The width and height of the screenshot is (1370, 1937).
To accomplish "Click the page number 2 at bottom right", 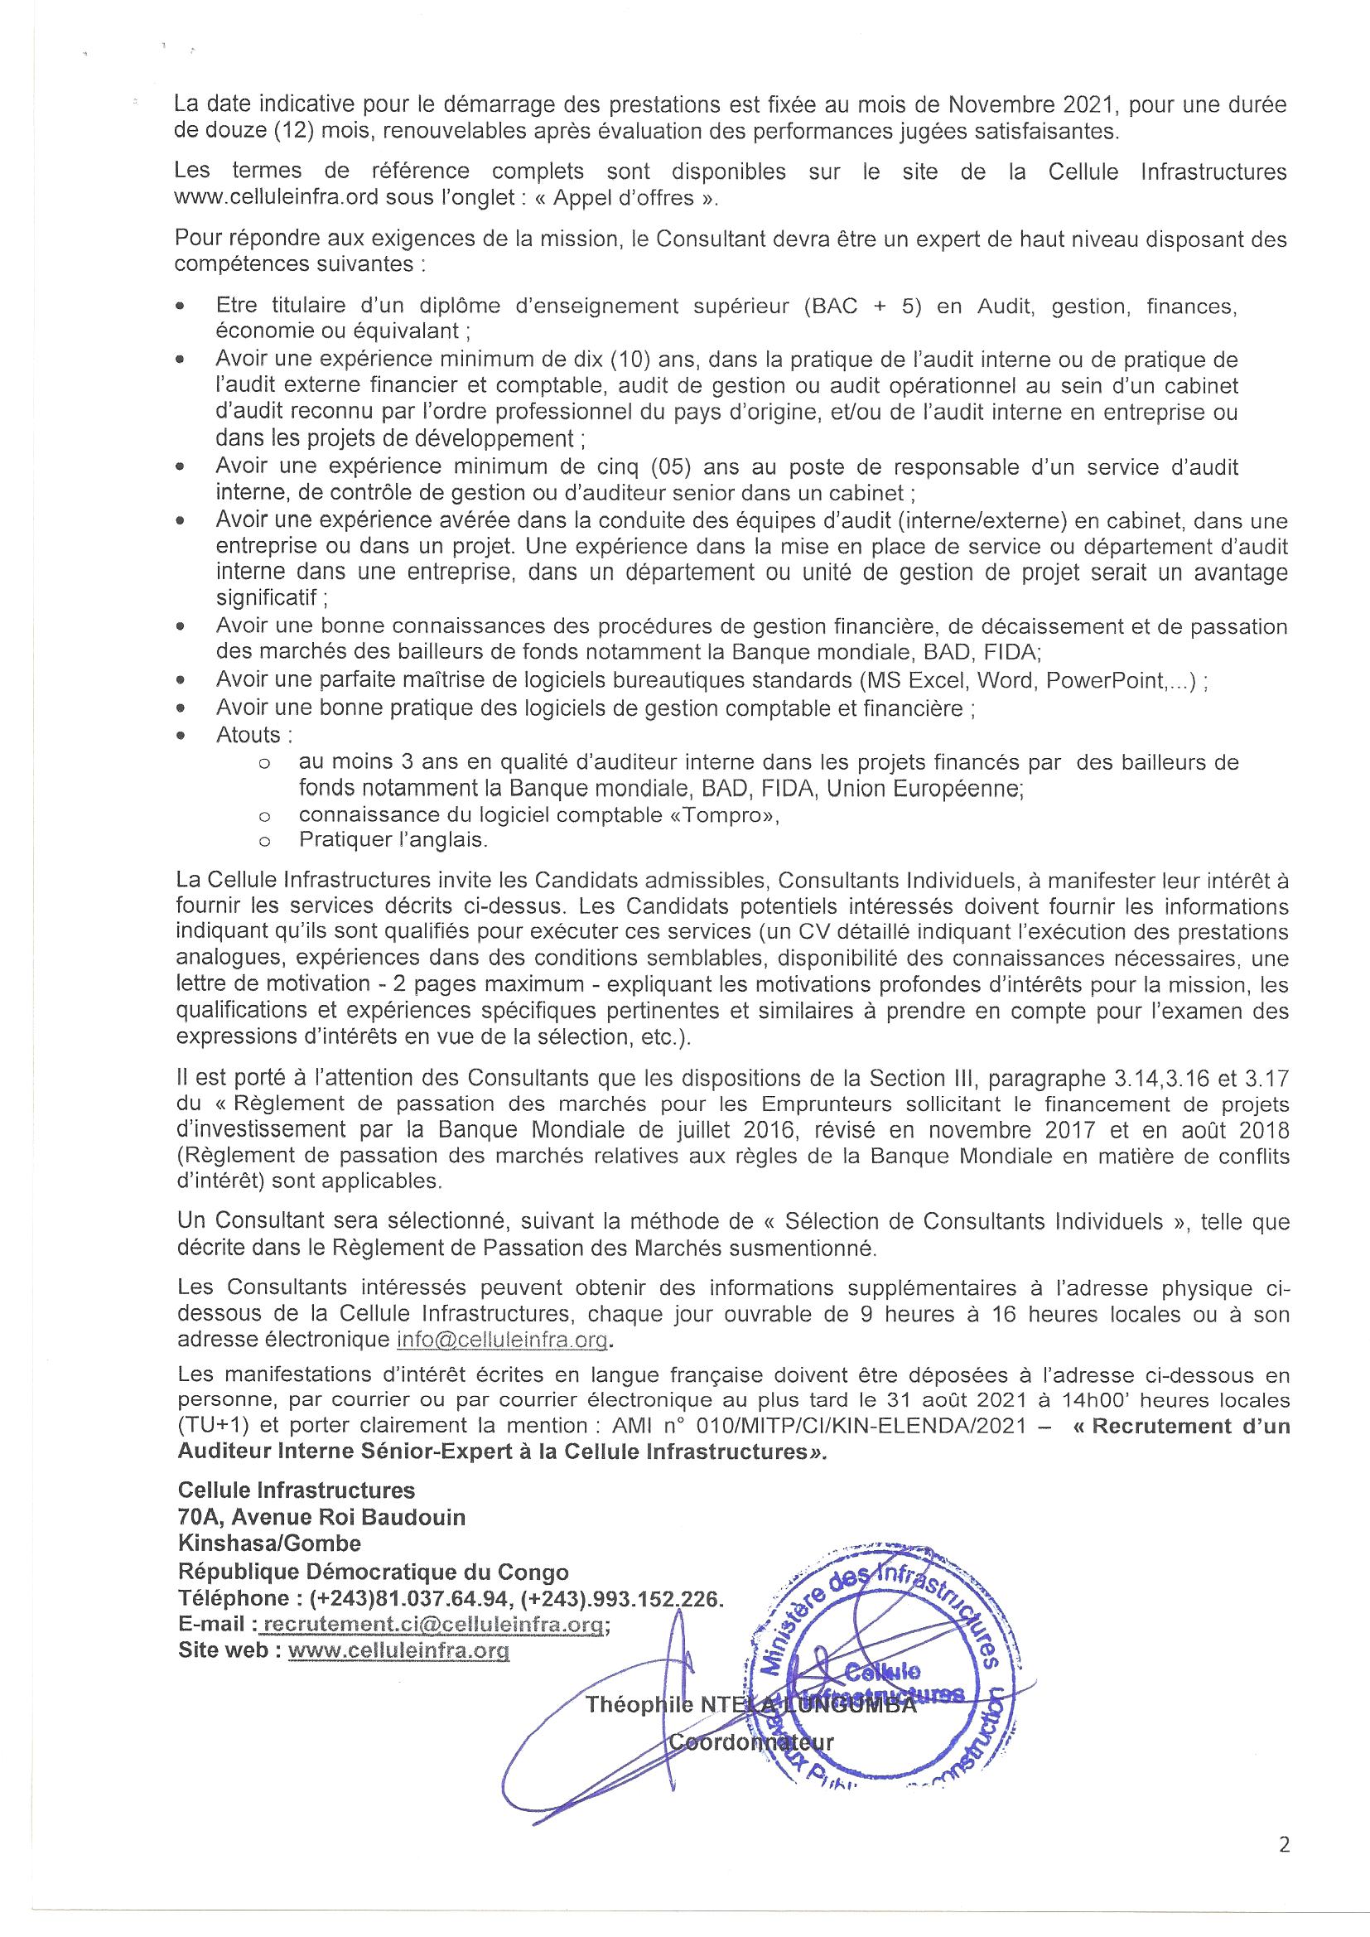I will tap(1284, 1845).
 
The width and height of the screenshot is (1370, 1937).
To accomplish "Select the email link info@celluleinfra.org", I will tap(501, 1340).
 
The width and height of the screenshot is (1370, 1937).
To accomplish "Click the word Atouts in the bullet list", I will tap(248, 735).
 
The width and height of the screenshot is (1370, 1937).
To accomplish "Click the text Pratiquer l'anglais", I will tap(393, 839).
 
